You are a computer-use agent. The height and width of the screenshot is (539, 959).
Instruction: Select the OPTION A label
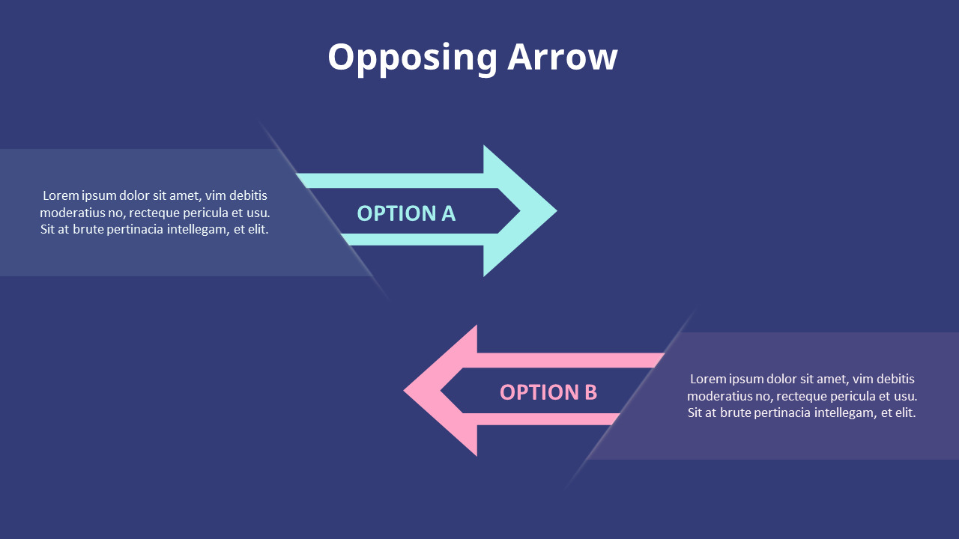coord(406,213)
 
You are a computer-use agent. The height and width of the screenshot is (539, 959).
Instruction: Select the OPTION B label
coord(548,392)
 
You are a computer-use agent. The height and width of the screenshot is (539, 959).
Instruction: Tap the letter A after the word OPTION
coord(448,213)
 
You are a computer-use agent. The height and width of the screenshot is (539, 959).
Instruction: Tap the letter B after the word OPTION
coord(590,392)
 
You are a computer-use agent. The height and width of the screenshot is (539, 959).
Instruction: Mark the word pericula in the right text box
coord(853,396)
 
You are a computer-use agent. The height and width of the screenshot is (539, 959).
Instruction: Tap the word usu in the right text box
coord(905,396)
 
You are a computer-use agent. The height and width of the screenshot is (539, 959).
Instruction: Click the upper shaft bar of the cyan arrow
coord(390,180)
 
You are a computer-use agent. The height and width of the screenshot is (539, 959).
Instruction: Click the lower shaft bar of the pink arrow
coord(547,419)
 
